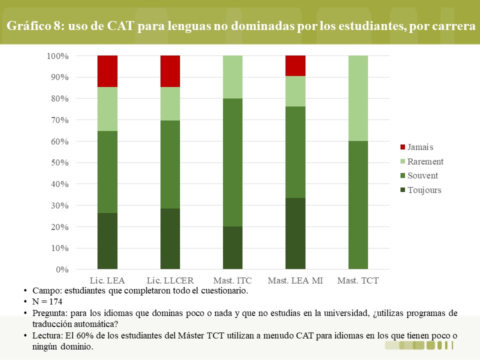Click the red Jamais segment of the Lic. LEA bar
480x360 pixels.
(107, 71)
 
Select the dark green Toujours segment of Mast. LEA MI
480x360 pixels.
(295, 233)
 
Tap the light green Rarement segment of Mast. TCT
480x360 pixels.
(358, 98)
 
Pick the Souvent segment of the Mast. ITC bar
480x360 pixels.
(232, 162)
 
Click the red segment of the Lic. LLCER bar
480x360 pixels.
(170, 71)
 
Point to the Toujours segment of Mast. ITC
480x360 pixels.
(232, 248)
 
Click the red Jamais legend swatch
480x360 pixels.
(403, 147)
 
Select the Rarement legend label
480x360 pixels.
(425, 161)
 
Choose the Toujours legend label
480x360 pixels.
(424, 190)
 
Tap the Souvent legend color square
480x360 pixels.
(403, 175)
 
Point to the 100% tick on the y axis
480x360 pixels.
(57, 56)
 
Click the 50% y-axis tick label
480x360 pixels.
(59, 162)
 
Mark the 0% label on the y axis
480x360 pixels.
(62, 269)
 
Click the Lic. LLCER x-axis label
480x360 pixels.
(170, 280)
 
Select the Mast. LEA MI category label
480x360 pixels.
(295, 280)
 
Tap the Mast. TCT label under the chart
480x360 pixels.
(358, 280)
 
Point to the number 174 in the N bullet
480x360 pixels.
(55, 301)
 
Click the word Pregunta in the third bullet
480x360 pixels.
(50, 313)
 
